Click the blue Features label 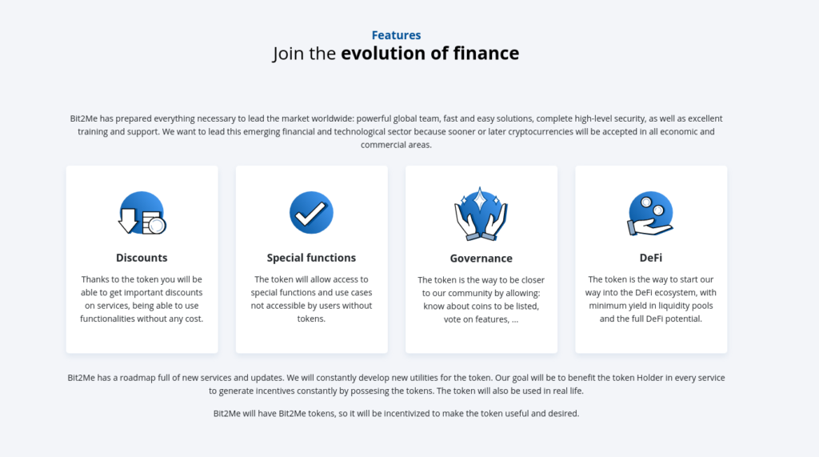(x=396, y=35)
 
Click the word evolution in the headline (x=383, y=54)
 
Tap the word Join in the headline (x=288, y=54)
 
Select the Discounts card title (x=142, y=258)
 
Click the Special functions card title (x=311, y=258)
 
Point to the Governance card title (x=481, y=259)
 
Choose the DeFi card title (x=651, y=258)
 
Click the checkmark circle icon (x=311, y=212)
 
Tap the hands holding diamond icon (x=481, y=214)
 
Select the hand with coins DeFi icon (x=650, y=214)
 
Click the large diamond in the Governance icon (x=480, y=199)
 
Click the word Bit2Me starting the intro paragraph (x=83, y=118)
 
